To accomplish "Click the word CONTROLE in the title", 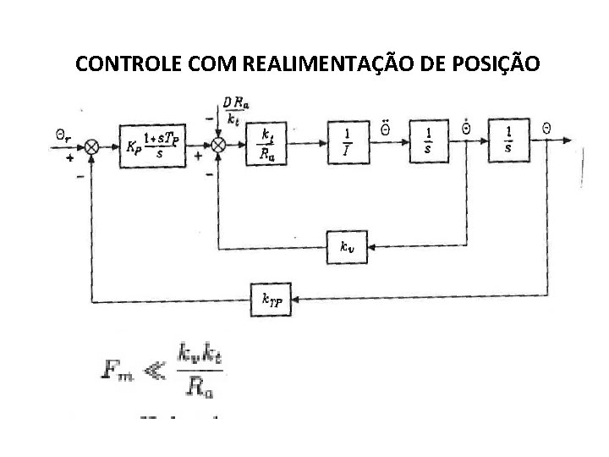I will click(121, 63).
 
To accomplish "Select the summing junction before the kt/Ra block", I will click(218, 146).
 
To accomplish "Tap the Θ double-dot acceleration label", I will click(385, 129).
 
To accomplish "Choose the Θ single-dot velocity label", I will click(465, 129).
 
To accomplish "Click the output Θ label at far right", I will click(546, 129).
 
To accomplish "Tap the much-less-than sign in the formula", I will click(157, 369).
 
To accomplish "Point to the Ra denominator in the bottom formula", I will click(200, 388).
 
